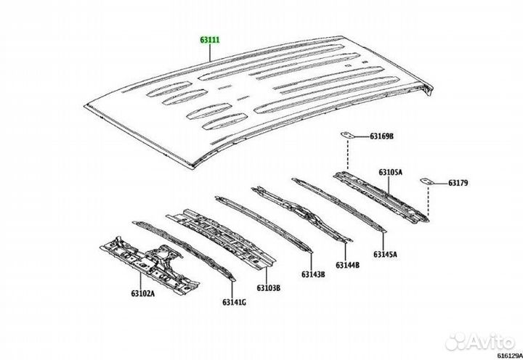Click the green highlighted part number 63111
click(210, 40)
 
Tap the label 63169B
click(381, 136)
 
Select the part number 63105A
click(390, 172)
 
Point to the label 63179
click(458, 183)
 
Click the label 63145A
click(385, 255)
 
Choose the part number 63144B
click(347, 266)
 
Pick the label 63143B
click(313, 274)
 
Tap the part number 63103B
click(268, 287)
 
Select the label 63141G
click(234, 303)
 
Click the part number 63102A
click(143, 294)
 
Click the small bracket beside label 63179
click(427, 181)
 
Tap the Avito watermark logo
click(480, 342)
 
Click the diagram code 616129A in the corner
click(510, 356)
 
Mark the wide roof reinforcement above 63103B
click(221, 238)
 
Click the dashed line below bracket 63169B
click(347, 155)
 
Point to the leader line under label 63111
click(210, 53)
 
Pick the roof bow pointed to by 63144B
click(302, 213)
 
